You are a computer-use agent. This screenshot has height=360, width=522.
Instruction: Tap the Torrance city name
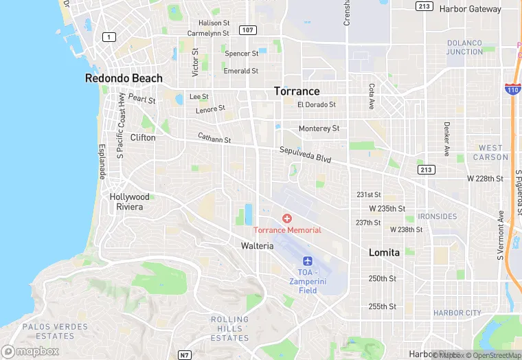coord(297,91)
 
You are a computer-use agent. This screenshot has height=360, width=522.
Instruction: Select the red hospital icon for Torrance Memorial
coord(287,218)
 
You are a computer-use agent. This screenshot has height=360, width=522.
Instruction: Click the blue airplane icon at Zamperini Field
coord(307,261)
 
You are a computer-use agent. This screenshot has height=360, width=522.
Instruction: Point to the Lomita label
coord(384,252)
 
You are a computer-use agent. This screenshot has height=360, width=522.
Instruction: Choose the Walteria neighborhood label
coord(257,245)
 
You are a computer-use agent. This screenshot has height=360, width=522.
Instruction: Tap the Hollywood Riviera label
coord(129,201)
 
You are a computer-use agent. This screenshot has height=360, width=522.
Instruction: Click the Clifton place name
coord(143,137)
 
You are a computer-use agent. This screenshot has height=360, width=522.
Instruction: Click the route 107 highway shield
coord(247,30)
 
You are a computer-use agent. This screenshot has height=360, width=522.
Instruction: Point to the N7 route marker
coord(183,355)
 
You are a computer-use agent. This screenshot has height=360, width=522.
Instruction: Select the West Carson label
coord(490,153)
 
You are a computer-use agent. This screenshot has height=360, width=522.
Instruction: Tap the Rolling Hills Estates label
coord(229,328)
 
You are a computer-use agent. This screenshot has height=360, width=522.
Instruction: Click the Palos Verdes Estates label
coord(48,331)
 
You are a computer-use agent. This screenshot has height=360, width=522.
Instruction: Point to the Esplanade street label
coord(102,162)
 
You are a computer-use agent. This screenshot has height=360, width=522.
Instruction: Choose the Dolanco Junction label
coord(465,47)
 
